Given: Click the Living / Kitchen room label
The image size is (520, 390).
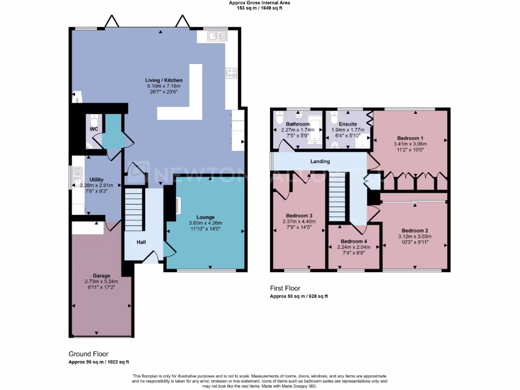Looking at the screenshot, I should [164, 80].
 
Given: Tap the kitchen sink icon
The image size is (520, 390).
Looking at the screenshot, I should [217, 36].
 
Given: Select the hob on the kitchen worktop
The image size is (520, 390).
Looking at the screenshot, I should [231, 73].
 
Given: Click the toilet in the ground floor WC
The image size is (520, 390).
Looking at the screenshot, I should [93, 122].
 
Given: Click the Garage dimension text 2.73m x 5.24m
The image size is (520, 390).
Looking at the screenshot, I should [101, 281].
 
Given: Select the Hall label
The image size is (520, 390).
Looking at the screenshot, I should [141, 242].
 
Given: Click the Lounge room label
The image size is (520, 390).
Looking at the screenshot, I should [206, 217].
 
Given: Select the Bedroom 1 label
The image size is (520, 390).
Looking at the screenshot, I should [410, 138].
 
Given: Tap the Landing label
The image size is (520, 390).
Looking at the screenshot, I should [320, 161].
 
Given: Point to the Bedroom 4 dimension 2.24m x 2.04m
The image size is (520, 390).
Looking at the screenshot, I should [354, 247].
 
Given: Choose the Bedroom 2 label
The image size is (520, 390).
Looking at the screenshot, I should [414, 230].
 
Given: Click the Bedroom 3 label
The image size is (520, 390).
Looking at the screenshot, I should [299, 215].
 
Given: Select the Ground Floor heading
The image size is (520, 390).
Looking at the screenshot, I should [88, 354].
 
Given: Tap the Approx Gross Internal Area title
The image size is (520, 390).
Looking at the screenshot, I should [260, 3].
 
